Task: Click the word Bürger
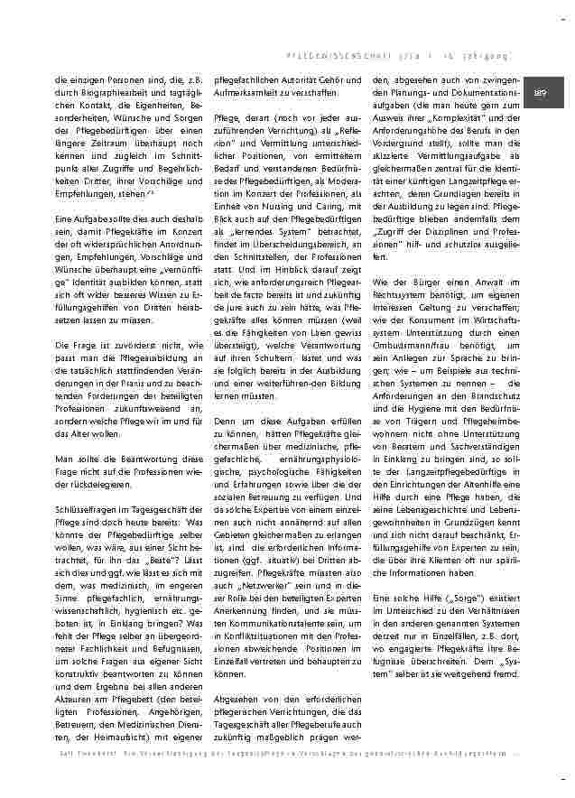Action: (422, 283)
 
